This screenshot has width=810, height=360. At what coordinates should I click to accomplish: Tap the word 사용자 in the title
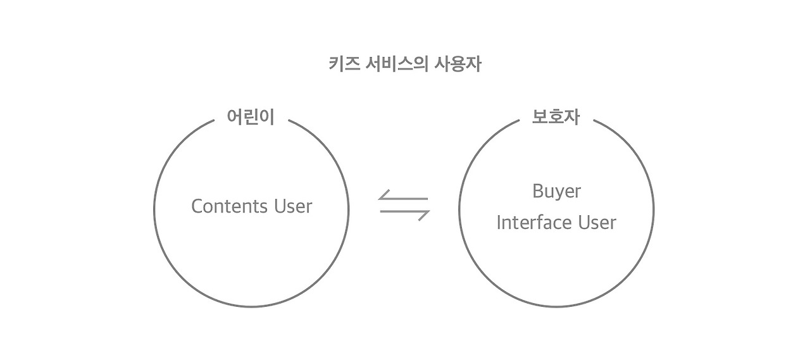(457, 65)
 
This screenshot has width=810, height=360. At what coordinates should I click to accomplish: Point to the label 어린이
(251, 117)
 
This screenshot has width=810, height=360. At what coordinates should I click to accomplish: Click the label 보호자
(556, 117)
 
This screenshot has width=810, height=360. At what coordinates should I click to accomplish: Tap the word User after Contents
(293, 206)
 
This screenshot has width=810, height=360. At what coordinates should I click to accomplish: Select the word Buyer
(556, 190)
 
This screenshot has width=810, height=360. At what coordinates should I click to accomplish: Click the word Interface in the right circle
(532, 222)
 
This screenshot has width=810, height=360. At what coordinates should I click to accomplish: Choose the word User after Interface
(597, 222)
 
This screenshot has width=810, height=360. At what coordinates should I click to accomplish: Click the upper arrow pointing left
(404, 197)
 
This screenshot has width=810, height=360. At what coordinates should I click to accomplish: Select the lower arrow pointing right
(404, 213)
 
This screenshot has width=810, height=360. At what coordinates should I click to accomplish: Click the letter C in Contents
(196, 206)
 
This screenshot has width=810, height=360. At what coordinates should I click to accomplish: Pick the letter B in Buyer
(537, 190)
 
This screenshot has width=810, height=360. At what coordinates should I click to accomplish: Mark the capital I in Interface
(499, 222)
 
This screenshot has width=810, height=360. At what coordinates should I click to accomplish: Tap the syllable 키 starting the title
(336, 65)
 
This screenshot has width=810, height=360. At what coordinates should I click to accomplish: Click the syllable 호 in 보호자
(556, 117)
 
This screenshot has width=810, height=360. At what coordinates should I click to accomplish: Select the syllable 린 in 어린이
(251, 117)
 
